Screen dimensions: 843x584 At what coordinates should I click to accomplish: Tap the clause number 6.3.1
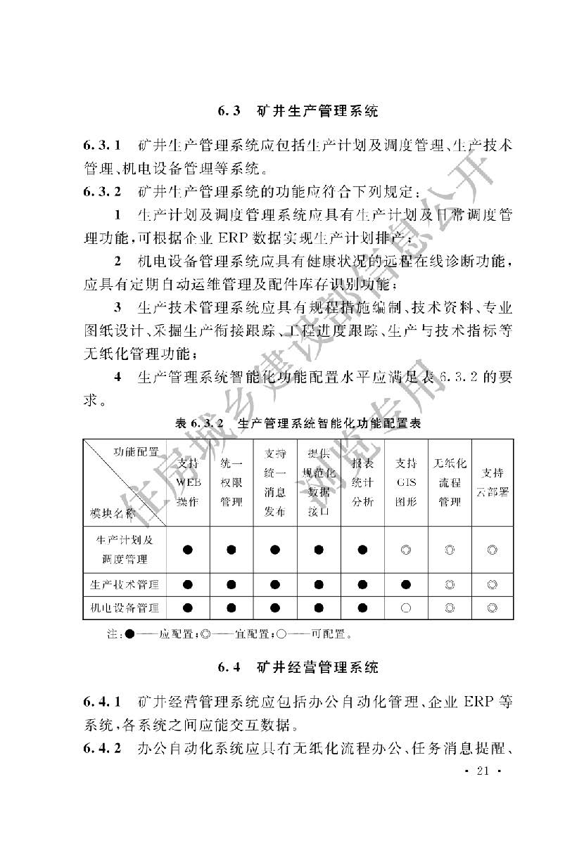click(103, 146)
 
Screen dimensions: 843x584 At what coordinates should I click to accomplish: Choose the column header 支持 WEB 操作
click(188, 482)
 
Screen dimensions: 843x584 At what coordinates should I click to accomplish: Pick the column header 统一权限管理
click(231, 482)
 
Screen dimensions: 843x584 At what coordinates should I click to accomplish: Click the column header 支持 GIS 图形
click(406, 482)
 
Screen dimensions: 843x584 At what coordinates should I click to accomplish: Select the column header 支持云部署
click(493, 482)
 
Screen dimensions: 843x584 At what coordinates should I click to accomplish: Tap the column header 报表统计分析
click(362, 482)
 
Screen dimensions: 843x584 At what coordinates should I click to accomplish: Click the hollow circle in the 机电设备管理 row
click(406, 608)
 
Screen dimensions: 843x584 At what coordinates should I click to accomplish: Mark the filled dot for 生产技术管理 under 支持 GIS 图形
click(406, 584)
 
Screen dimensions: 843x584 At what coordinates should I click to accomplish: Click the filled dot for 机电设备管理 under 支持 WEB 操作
click(188, 608)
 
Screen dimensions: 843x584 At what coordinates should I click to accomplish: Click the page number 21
click(482, 772)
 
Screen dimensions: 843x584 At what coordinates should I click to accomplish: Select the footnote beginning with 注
click(228, 634)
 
